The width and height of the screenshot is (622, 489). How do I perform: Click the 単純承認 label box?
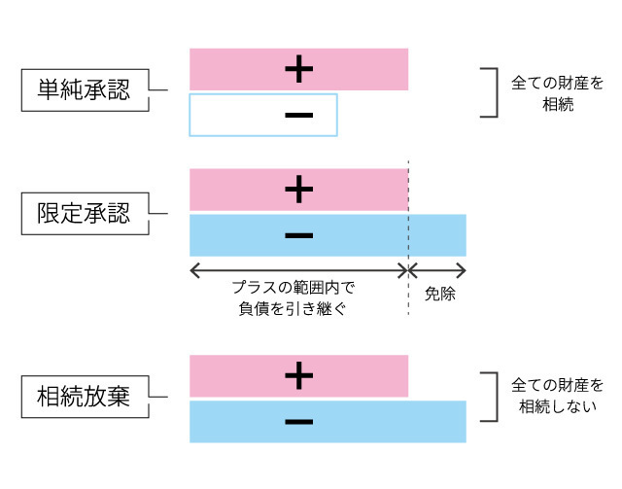click(86, 90)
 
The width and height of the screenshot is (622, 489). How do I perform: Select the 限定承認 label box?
click(86, 213)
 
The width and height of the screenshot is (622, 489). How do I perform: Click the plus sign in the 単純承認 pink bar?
click(299, 68)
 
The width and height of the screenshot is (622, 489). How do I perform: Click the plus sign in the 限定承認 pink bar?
click(299, 190)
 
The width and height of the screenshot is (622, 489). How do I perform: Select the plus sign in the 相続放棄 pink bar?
click(299, 374)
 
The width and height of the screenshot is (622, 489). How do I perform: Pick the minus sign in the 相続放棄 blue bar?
click(299, 422)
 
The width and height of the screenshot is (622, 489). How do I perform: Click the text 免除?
click(439, 292)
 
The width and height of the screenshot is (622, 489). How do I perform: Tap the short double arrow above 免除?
click(437, 269)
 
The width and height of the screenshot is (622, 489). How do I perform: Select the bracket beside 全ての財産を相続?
click(492, 92)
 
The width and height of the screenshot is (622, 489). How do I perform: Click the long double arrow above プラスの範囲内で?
click(298, 269)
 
